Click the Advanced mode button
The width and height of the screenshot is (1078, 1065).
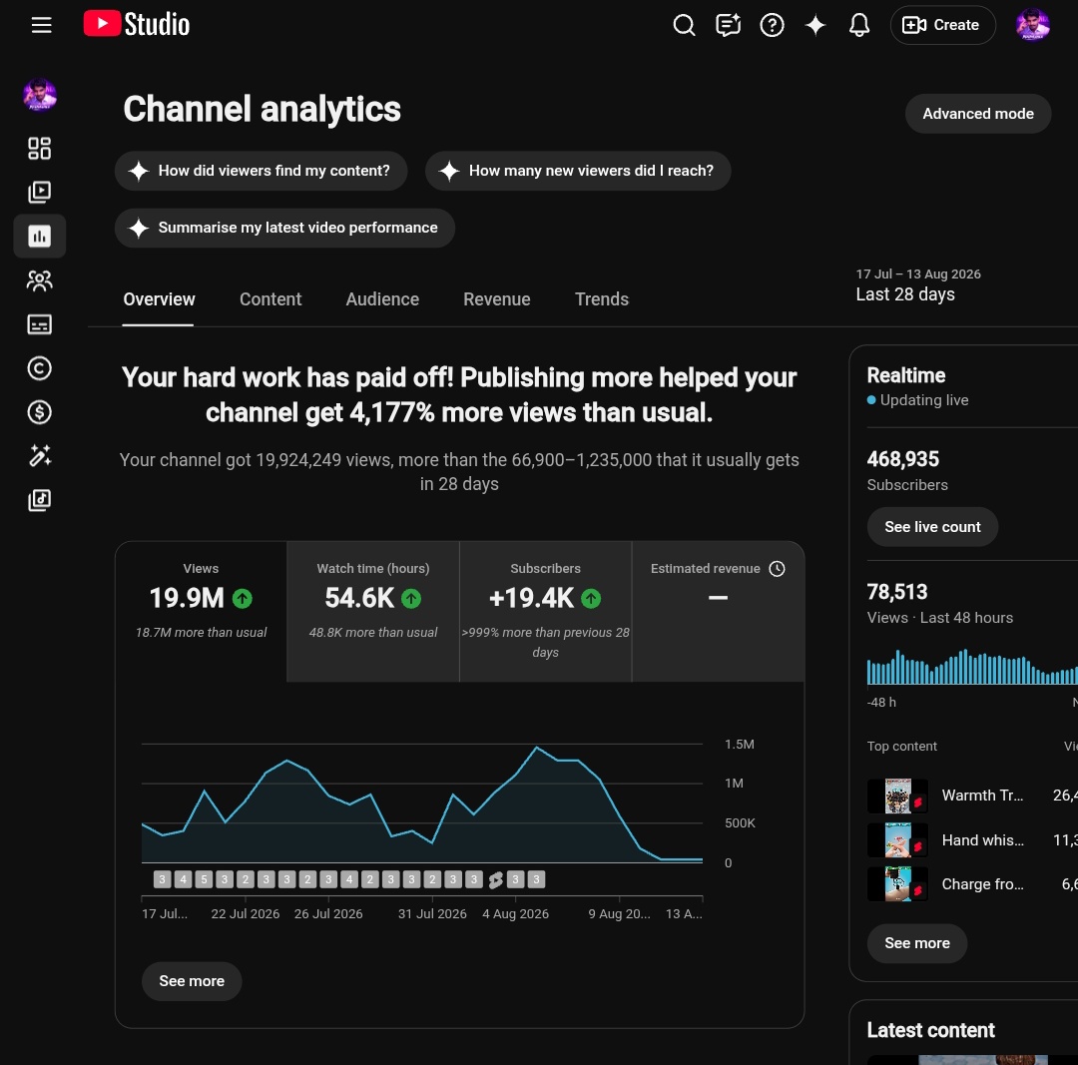[x=977, y=114]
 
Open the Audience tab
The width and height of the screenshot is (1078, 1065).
[x=382, y=299]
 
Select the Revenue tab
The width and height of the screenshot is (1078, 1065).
[x=496, y=299]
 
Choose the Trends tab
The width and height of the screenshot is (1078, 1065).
[x=602, y=299]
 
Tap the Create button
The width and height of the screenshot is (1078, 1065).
[x=942, y=25]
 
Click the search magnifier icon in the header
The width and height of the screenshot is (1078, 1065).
[x=684, y=25]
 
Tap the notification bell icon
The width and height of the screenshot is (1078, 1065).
[x=858, y=25]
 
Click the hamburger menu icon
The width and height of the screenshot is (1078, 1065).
[x=41, y=25]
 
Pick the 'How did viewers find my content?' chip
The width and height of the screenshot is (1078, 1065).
[x=262, y=171]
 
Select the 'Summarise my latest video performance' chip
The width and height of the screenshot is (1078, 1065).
[x=284, y=228]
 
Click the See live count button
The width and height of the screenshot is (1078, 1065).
[x=932, y=527]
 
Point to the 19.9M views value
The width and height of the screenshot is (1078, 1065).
[x=187, y=598]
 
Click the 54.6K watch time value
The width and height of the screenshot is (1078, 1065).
[x=359, y=598]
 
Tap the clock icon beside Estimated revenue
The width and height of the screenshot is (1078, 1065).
[x=777, y=569]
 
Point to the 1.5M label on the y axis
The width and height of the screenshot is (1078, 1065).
[x=739, y=744]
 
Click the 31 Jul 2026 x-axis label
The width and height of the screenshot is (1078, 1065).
[x=432, y=913]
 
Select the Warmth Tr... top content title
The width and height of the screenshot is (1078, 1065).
[x=982, y=796]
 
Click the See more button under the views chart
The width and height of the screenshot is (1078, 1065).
[x=192, y=981]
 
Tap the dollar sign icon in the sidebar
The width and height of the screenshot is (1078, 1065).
[x=39, y=412]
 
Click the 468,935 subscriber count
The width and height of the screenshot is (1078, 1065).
[x=902, y=459]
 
